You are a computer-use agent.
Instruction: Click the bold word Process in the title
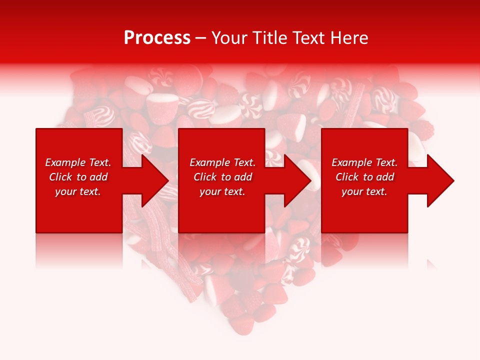pyautogui.click(x=157, y=38)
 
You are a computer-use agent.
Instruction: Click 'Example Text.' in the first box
pyautogui.click(x=78, y=162)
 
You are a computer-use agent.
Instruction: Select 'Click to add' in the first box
pyautogui.click(x=78, y=177)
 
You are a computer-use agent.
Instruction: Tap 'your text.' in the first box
pyautogui.click(x=78, y=191)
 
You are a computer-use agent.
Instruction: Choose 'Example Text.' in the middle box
pyautogui.click(x=222, y=162)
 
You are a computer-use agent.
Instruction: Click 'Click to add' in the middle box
pyautogui.click(x=222, y=177)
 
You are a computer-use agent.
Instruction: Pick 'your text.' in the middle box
pyautogui.click(x=222, y=191)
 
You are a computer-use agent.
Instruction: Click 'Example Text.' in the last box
pyautogui.click(x=364, y=162)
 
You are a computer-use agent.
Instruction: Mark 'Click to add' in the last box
pyautogui.click(x=364, y=177)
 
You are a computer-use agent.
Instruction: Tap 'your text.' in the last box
pyautogui.click(x=364, y=191)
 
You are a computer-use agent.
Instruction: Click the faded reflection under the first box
pyautogui.click(x=79, y=250)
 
